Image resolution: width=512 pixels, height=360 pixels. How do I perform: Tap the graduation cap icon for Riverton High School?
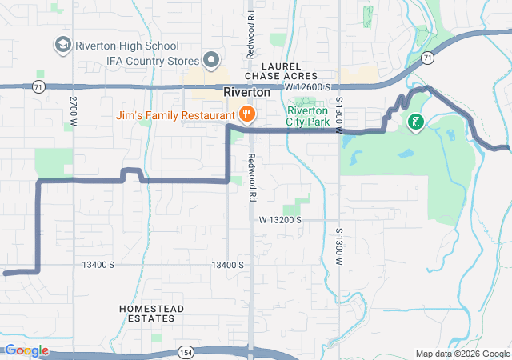(62, 44)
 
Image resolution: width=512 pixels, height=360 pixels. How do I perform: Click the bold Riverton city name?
(246, 92)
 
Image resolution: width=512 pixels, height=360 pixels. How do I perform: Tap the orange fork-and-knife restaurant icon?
(247, 115)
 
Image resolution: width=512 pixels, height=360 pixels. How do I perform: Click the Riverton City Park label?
(308, 117)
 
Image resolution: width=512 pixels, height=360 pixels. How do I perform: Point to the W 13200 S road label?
(280, 219)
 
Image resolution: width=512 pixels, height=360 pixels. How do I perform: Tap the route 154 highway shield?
(186, 352)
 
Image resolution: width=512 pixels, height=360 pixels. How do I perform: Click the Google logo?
(26, 350)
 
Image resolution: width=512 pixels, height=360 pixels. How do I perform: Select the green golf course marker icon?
(415, 122)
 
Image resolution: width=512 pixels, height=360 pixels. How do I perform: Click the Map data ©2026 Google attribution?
(462, 354)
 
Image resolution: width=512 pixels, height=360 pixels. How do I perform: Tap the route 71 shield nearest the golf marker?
(429, 58)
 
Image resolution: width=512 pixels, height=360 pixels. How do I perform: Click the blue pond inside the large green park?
(406, 152)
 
